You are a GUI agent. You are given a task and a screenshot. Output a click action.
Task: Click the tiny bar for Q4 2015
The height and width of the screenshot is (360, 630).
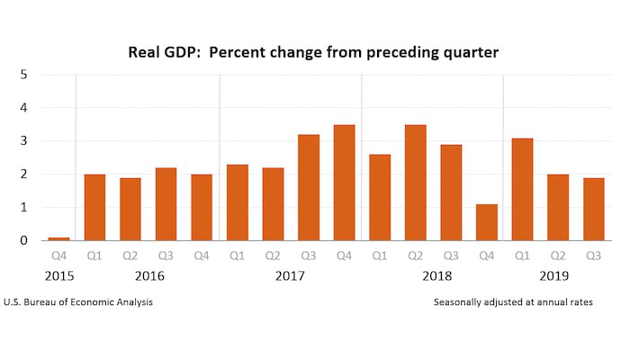point(58,238)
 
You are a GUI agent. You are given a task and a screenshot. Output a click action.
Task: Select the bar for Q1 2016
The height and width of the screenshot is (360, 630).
point(94,208)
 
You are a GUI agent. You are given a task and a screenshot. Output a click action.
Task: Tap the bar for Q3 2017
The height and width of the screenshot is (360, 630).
point(309,188)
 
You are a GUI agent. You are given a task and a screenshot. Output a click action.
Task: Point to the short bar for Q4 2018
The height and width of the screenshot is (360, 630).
point(486,222)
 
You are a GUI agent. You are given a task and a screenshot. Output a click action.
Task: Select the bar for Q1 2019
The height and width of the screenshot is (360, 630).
point(522,190)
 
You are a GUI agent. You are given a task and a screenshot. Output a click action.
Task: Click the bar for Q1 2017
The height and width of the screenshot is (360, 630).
point(237,202)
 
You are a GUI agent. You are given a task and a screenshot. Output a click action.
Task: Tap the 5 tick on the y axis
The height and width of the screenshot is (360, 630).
point(23,75)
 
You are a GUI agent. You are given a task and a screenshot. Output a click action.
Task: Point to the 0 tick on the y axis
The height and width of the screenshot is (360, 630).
point(23,240)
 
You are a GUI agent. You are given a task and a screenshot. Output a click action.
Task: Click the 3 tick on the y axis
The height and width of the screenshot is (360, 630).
point(23,141)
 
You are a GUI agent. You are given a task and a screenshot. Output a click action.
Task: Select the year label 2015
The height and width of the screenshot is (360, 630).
point(58,275)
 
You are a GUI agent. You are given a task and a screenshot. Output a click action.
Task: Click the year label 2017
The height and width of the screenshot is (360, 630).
point(291,275)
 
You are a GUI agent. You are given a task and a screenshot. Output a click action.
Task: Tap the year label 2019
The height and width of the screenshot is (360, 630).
point(557,275)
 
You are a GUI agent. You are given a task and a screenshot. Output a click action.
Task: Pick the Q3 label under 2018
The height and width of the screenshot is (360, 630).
point(451,256)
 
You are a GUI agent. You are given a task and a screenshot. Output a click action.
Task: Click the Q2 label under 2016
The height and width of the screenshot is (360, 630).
point(130,256)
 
